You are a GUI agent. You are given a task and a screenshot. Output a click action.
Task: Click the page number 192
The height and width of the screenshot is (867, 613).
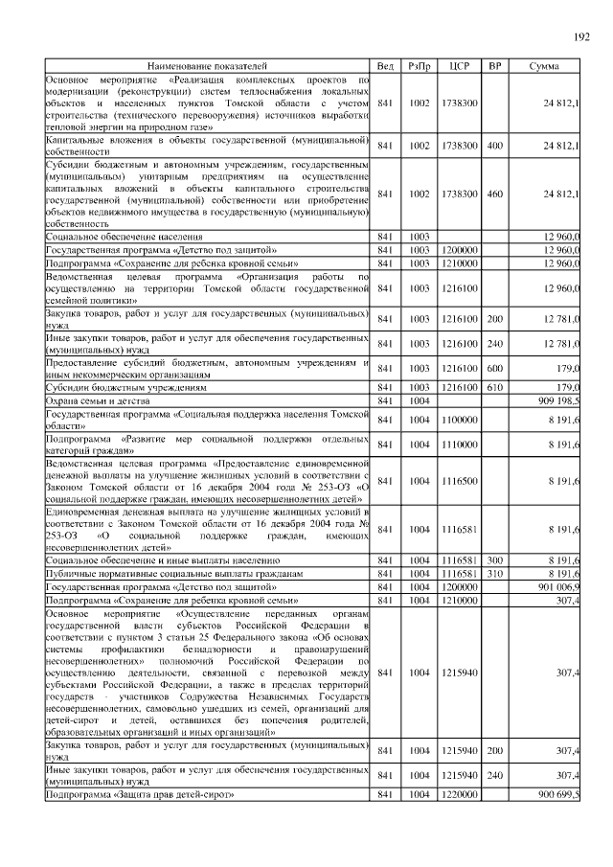point(581,37)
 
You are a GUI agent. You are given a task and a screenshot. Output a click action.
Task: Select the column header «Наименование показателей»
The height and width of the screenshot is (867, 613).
point(206,66)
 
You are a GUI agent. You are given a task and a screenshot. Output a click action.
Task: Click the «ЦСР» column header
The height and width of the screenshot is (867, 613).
point(459,66)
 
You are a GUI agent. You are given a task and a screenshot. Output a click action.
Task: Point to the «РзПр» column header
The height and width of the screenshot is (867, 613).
point(420,66)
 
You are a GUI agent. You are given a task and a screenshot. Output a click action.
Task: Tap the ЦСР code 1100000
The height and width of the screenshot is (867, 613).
point(459,419)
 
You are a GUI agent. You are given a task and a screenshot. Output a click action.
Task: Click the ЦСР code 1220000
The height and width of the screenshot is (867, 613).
point(459,794)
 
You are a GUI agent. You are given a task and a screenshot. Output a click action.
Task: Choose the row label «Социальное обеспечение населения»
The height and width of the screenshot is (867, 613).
point(124,236)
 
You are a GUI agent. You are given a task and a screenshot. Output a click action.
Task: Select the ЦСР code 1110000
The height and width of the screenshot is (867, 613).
point(459,445)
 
